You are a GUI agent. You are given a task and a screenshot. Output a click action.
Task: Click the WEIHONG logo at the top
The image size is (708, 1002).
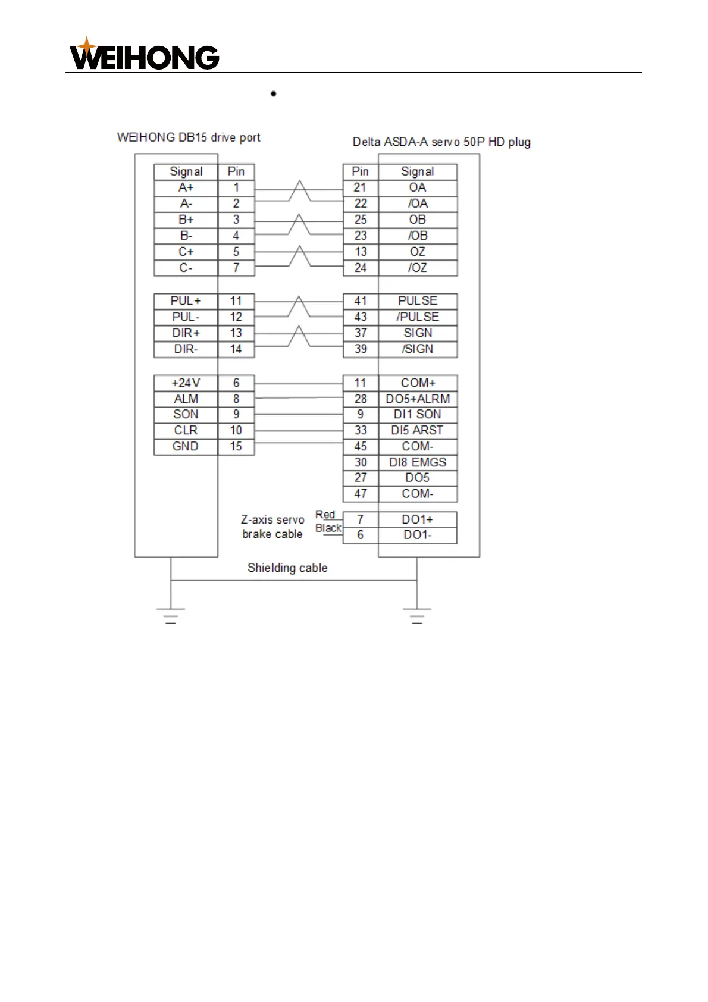145,55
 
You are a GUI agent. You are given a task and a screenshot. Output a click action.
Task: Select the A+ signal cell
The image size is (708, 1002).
186,187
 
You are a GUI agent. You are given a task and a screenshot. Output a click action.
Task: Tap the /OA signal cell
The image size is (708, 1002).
418,203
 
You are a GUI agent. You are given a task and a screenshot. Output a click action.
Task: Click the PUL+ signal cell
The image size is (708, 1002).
186,301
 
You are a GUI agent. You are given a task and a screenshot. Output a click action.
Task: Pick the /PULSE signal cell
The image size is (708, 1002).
418,317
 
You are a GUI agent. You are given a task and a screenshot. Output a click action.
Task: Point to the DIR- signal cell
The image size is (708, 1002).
186,349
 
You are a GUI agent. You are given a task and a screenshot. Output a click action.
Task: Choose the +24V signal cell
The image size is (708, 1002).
186,383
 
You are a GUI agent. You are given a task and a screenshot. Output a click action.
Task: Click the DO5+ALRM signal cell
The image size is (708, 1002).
418,399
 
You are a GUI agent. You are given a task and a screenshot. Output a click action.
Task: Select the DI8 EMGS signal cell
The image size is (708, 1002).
418,462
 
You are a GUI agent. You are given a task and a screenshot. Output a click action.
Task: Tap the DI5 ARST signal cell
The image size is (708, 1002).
418,430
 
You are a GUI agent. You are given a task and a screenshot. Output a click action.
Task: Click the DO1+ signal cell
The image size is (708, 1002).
418,519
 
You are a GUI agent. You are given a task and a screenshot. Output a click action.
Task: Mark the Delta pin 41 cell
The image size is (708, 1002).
361,301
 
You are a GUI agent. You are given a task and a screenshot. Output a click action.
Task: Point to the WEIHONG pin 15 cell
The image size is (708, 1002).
236,446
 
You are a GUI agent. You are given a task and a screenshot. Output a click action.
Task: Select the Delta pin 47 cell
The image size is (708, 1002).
361,494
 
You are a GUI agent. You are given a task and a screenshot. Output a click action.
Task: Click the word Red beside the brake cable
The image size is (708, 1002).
325,515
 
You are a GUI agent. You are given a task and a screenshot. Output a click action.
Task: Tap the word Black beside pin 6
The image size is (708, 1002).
328,528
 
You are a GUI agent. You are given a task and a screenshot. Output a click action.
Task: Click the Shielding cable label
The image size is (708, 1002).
287,568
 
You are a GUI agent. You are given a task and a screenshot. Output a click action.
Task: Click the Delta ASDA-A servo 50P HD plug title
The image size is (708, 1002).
441,142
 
